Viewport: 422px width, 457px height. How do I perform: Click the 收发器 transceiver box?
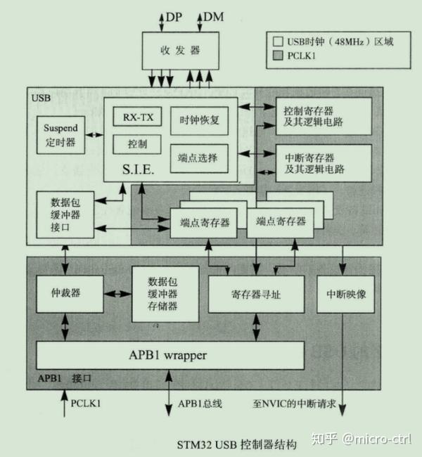[x=181, y=50]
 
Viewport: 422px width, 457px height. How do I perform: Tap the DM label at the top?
[x=214, y=15]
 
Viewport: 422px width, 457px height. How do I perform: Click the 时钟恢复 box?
[x=200, y=120]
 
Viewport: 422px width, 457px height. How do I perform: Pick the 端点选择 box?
[x=200, y=157]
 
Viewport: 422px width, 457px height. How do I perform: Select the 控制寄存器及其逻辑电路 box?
[x=323, y=116]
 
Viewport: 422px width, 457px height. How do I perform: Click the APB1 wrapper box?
[x=170, y=355]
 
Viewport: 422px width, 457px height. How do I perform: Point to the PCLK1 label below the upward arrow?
[x=86, y=404]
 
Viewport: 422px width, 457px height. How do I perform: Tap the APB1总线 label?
[x=200, y=404]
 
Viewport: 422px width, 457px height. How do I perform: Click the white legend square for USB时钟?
[x=279, y=41]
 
